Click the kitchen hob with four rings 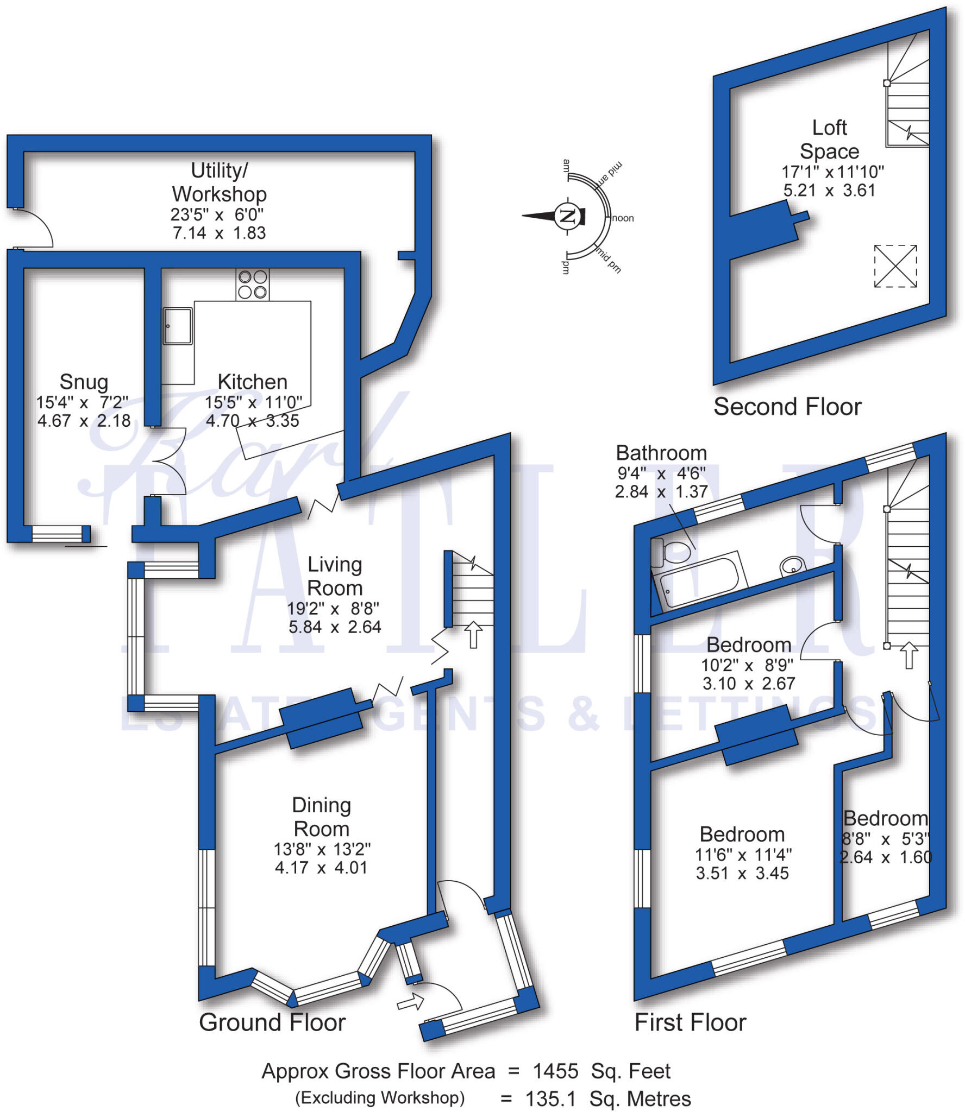252,285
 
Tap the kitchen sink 178,326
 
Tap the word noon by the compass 623,218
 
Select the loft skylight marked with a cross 895,266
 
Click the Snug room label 84,382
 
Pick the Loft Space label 829,140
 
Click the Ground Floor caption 272,1022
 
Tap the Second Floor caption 787,407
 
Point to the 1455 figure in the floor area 555,1071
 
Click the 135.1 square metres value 550,1099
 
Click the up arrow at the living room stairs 473,634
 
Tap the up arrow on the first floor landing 908,655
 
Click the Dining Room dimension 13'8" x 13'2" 322,849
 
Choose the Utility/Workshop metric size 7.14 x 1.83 219,233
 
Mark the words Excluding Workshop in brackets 380,1098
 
